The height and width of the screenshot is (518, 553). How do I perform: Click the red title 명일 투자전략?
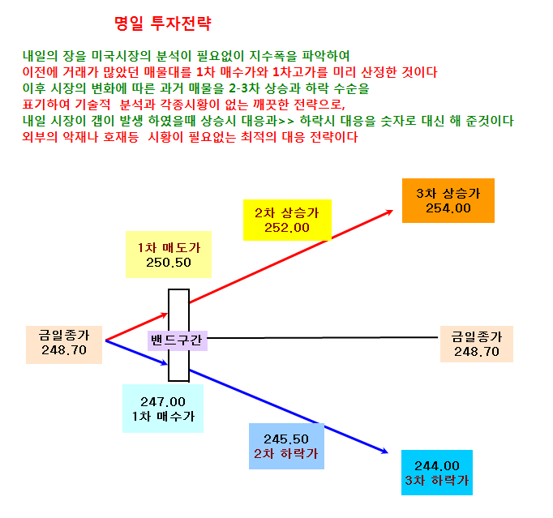[x=163, y=24]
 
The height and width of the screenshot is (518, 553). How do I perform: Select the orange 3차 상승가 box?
[x=448, y=201]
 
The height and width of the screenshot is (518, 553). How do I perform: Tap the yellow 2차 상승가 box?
[x=287, y=220]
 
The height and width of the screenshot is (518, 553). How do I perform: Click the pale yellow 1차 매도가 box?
[x=169, y=255]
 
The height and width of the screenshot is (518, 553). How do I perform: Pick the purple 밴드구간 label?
[x=178, y=340]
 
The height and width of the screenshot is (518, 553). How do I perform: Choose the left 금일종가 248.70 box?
[x=64, y=345]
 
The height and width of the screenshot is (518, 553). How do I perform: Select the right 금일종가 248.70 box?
[x=477, y=345]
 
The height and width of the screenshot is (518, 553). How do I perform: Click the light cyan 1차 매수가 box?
[x=163, y=409]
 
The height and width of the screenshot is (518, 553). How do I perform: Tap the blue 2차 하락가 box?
[x=286, y=447]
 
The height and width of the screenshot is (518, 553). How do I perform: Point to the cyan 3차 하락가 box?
[x=437, y=473]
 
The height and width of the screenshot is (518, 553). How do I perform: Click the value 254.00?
[x=448, y=208]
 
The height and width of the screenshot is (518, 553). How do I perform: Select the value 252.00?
[x=287, y=228]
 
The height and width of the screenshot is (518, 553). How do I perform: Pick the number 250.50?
[x=169, y=263]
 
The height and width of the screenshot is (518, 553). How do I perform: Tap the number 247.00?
[x=163, y=401]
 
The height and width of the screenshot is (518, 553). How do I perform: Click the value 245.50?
[x=286, y=439]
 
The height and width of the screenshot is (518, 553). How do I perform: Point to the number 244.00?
[x=437, y=466]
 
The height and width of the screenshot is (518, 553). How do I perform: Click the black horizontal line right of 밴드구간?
[x=323, y=338]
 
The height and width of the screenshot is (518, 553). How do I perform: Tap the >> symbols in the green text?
[x=286, y=122]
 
